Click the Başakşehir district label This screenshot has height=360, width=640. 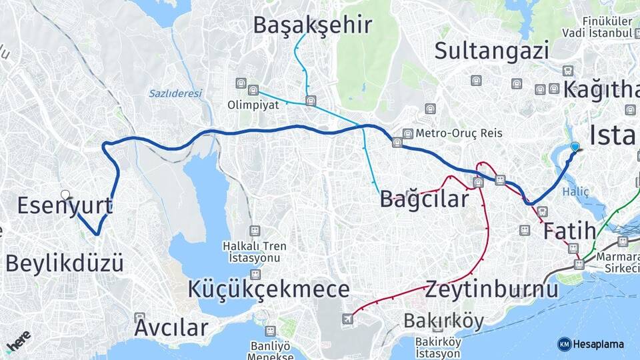312,25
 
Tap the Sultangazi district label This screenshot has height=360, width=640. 492,50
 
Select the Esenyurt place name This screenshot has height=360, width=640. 64,205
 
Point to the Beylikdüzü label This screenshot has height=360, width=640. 65,263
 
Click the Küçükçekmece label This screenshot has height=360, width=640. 269,289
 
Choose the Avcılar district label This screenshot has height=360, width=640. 171,327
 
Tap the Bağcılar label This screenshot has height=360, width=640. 424,199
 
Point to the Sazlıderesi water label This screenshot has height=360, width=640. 175,93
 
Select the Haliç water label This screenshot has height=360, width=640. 576,191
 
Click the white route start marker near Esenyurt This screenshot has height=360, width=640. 65,195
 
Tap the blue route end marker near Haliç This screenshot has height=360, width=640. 575,147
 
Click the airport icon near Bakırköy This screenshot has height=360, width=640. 347,319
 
